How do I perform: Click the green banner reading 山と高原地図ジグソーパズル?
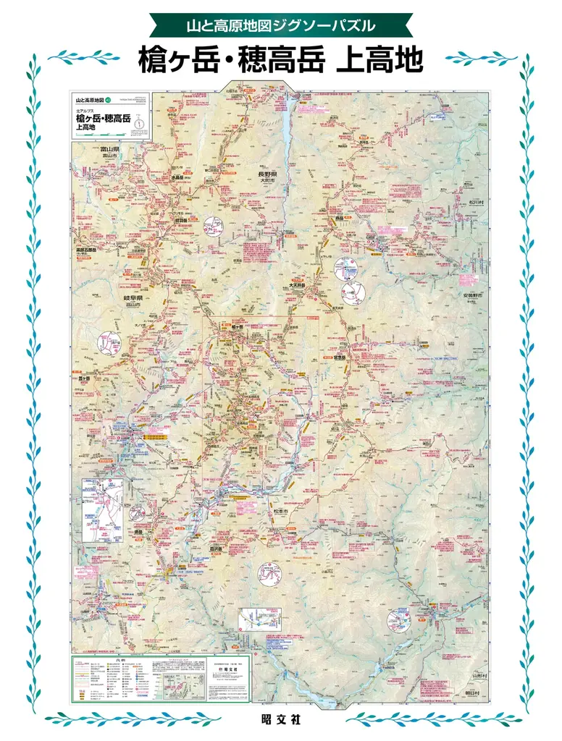[280, 26]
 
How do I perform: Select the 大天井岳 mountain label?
[298, 286]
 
